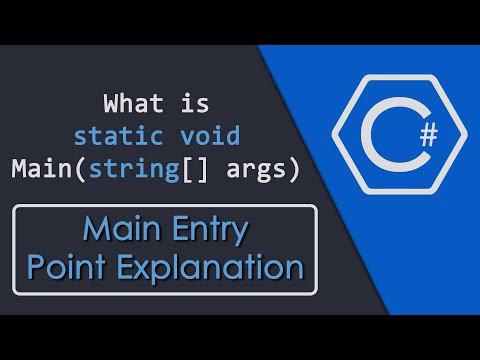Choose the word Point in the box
pos(66,267)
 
